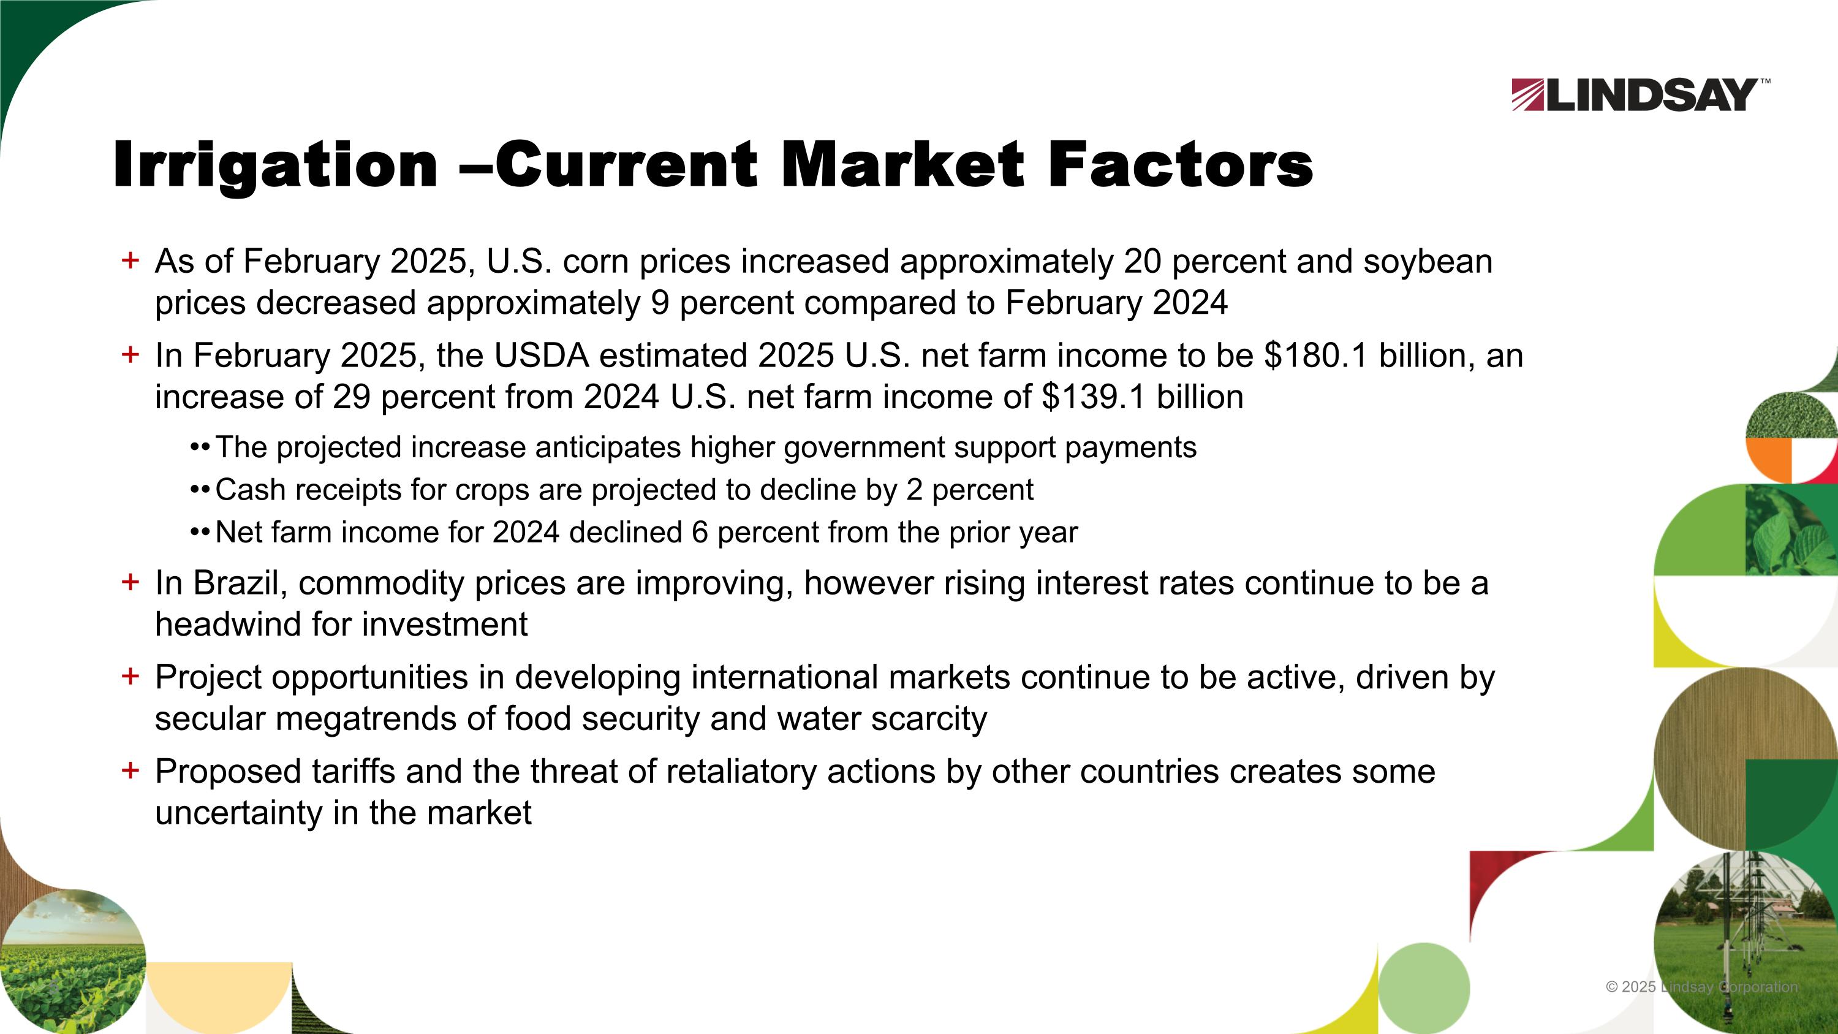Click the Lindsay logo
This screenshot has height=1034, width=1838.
1639,95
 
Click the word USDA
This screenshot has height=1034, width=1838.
541,355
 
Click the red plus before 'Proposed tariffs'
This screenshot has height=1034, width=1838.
130,770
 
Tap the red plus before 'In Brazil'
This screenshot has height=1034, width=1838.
130,582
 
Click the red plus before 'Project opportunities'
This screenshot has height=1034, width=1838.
130,676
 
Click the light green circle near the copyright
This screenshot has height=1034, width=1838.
1423,987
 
